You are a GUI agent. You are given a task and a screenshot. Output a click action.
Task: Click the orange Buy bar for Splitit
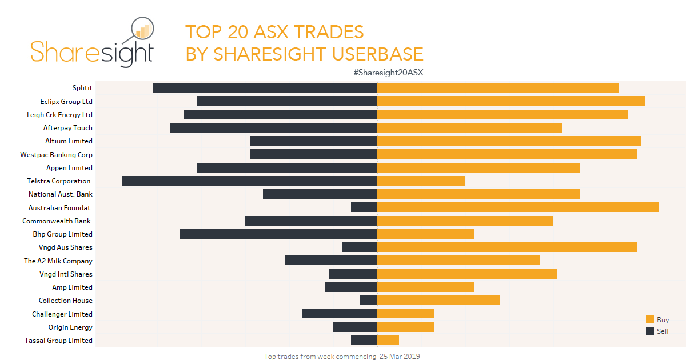point(498,87)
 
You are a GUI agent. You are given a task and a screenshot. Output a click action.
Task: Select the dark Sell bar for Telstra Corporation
point(250,181)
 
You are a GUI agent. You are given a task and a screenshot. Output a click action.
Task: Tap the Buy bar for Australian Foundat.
point(518,207)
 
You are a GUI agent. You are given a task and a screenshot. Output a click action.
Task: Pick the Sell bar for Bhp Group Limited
point(278,234)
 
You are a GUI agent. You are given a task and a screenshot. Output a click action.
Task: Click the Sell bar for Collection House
point(368,301)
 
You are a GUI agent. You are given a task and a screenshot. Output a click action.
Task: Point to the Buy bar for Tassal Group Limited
point(388,341)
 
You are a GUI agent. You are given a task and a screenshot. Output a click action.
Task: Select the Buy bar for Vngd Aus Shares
point(507,247)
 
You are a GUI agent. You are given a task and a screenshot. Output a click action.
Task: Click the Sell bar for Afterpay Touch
point(274,127)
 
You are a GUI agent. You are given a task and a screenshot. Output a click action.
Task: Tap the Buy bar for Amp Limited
point(425,287)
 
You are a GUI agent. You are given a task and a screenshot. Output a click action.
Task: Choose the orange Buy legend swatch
point(650,320)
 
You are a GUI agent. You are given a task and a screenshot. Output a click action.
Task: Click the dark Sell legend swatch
point(650,331)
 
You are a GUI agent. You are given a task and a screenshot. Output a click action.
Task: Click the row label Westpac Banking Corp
point(56,154)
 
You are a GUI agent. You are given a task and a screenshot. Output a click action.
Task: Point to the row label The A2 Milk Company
point(58,261)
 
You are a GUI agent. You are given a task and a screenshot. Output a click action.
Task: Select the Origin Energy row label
point(70,327)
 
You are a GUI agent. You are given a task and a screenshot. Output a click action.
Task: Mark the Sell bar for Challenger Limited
point(340,314)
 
